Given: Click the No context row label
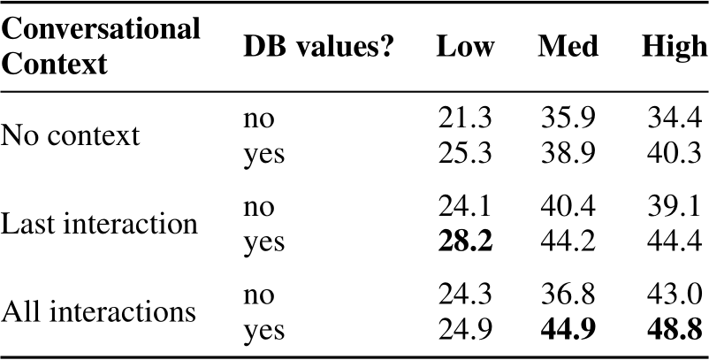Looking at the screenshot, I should (70, 135).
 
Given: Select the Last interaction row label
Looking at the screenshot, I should (99, 224).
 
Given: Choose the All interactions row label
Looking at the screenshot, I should (97, 311).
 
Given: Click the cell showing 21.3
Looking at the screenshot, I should (466, 118).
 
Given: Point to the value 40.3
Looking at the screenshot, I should (674, 154).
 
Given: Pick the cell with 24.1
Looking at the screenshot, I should (466, 206).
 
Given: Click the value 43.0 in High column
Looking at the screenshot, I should (674, 295).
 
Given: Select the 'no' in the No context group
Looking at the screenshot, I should (259, 119).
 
